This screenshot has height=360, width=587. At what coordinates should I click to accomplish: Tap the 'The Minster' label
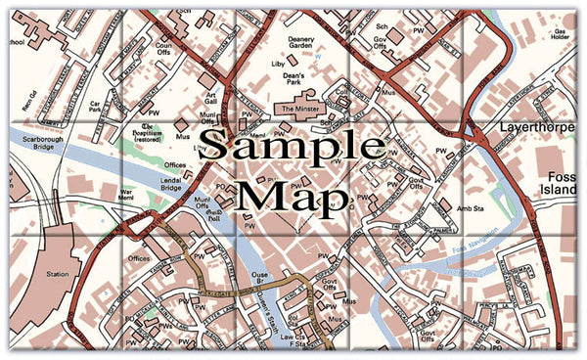(x=300, y=110)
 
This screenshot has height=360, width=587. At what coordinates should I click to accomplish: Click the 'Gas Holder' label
(x=561, y=37)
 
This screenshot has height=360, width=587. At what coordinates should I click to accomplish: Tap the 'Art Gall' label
(x=210, y=98)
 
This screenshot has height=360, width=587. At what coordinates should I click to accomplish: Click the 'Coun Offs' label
(x=163, y=46)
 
